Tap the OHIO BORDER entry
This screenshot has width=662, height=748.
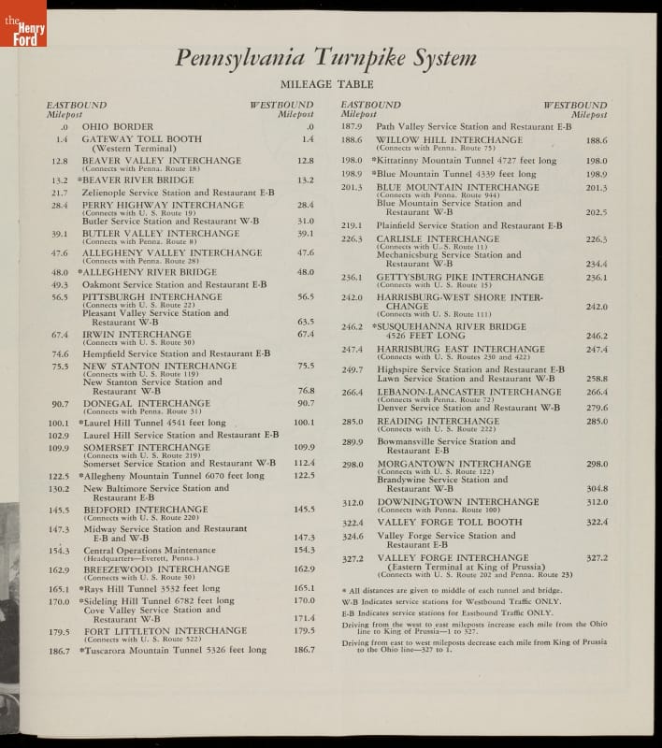[x=117, y=126]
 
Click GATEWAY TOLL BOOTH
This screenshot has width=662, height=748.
[x=141, y=138]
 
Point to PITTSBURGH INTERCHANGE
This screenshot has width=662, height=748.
[x=152, y=296]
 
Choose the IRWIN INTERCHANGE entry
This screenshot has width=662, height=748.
[x=137, y=334]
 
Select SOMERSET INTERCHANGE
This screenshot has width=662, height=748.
[x=147, y=447]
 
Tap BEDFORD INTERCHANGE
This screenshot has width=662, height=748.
[x=145, y=510]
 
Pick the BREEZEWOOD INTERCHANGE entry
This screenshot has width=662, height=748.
[x=156, y=568]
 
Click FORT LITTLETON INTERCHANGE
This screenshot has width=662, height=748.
[x=165, y=630]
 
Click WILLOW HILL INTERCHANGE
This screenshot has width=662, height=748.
[x=449, y=140]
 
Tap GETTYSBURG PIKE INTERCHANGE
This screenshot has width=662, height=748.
[x=459, y=277]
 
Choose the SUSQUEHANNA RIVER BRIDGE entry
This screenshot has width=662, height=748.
[x=451, y=326]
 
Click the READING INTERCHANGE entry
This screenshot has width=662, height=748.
[x=438, y=421]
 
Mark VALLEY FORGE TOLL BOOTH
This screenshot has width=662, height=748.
[x=449, y=522]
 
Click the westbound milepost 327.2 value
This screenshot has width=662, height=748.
[x=597, y=557]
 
